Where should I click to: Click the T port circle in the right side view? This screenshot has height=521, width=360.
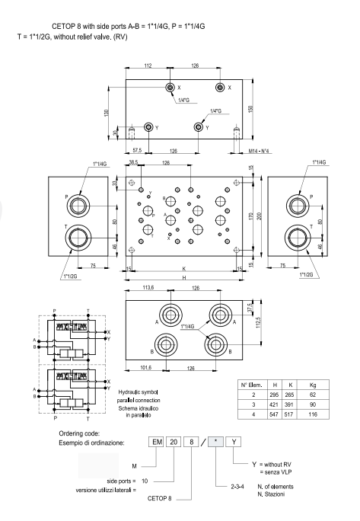(x=295, y=236)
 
